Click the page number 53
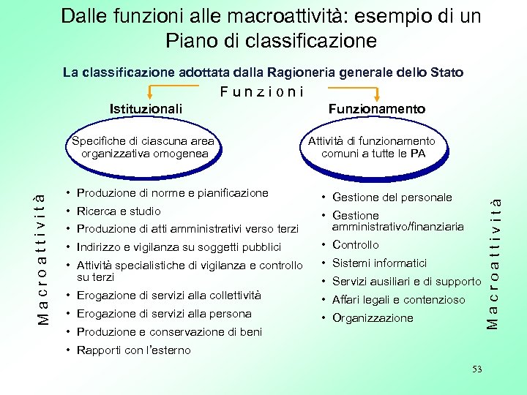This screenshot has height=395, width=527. click(477, 369)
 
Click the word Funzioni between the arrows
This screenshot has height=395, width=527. click(261, 92)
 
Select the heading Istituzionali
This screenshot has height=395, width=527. click(146, 109)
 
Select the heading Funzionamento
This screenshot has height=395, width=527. click(376, 109)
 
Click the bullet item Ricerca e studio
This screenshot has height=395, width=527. click(119, 211)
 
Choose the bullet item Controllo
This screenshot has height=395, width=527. click(356, 245)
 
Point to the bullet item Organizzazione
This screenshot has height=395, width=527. click(373, 318)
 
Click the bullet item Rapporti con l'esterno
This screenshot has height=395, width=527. click(133, 350)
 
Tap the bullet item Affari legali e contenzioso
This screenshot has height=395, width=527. click(398, 300)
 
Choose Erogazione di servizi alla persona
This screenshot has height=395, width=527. click(164, 314)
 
